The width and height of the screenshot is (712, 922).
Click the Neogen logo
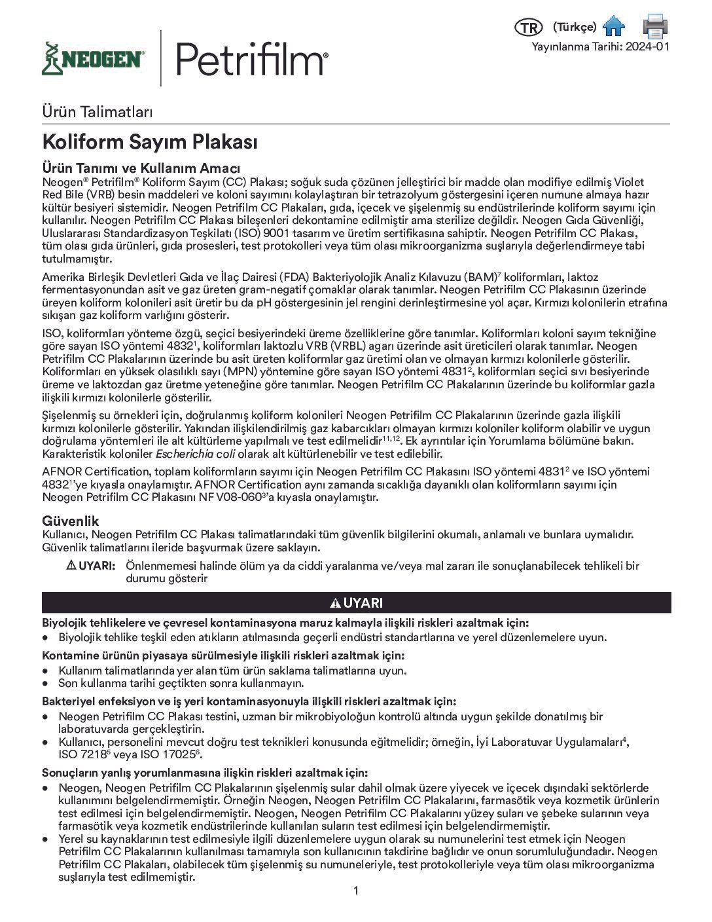94,59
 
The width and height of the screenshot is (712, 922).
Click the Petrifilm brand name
251,58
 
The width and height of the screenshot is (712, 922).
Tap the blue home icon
614,27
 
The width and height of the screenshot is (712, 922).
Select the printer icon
655,26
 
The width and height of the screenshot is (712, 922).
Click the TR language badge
529,28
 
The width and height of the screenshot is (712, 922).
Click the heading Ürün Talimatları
98,111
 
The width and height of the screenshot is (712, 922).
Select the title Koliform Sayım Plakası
150,142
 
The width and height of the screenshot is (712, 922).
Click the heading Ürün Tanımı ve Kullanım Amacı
141,169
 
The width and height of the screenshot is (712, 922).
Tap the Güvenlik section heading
71,521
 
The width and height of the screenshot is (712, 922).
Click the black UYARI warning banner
357,602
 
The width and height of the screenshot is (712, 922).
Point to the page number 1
356,891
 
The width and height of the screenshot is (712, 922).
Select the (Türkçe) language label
574,27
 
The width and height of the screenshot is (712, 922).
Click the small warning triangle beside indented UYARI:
72,566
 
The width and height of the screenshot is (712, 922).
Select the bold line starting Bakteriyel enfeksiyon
249,701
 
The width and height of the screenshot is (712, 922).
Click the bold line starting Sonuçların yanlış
205,773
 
